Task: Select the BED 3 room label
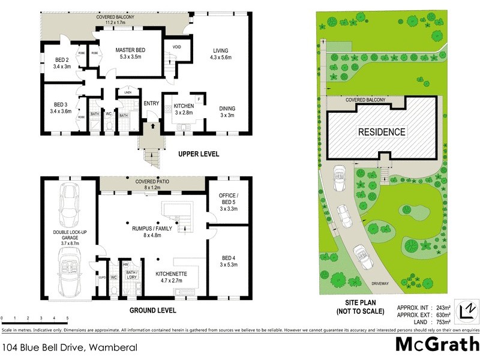(62, 107)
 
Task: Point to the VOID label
(177, 47)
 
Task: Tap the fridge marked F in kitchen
(198, 97)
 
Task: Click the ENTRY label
(151, 103)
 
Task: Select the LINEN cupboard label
(127, 92)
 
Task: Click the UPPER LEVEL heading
(199, 154)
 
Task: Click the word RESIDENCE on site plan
(382, 131)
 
